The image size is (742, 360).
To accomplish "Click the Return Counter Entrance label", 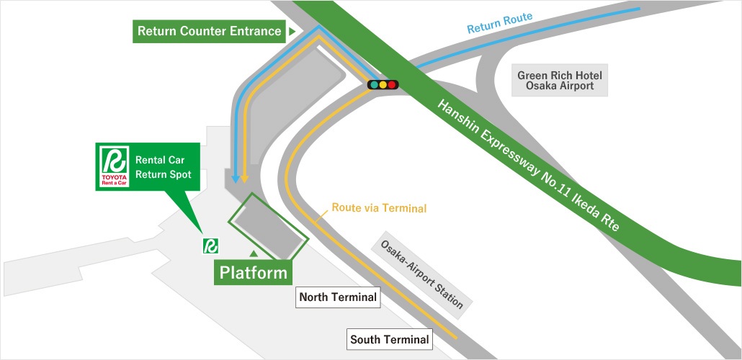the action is pyautogui.click(x=209, y=31).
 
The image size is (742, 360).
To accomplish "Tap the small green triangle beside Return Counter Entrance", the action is pyautogui.click(x=292, y=31).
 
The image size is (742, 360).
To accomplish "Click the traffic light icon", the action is pyautogui.click(x=383, y=85).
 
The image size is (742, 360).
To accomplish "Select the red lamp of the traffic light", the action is pyautogui.click(x=392, y=85).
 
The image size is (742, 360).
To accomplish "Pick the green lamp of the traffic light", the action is pyautogui.click(x=375, y=85).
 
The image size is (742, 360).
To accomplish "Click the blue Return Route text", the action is pyautogui.click(x=500, y=23).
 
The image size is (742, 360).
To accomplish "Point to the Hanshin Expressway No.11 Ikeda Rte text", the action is pyautogui.click(x=528, y=165).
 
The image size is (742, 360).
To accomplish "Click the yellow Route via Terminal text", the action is pyautogui.click(x=379, y=207).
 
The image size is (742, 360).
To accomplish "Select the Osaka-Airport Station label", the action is pyautogui.click(x=421, y=275).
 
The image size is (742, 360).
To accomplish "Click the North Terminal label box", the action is pyautogui.click(x=338, y=297).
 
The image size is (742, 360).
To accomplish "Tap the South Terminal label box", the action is pyautogui.click(x=390, y=339).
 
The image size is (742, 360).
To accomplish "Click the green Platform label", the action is pyautogui.click(x=253, y=273).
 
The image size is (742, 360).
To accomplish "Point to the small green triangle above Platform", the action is pyautogui.click(x=254, y=254).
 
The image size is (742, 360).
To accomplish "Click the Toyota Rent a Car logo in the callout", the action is pyautogui.click(x=114, y=166).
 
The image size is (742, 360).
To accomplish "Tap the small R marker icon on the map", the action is pyautogui.click(x=210, y=246).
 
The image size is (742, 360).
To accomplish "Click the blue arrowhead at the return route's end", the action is pyautogui.click(x=235, y=179).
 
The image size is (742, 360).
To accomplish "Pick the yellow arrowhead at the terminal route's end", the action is pyautogui.click(x=244, y=179).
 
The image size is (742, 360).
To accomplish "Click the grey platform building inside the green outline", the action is pyautogui.click(x=268, y=228).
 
